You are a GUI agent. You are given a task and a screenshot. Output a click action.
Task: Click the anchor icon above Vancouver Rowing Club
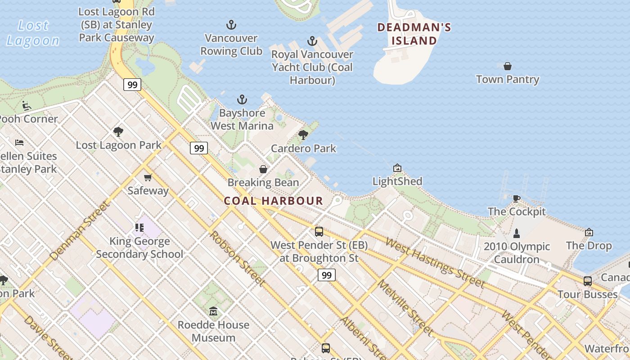[231, 25]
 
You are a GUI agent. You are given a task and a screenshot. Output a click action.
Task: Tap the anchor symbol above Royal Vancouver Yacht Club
[312, 41]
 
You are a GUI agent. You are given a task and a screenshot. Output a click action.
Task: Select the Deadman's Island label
[414, 34]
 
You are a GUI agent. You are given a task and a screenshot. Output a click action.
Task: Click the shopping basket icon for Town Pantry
[508, 66]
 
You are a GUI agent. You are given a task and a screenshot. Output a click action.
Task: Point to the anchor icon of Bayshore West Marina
[242, 99]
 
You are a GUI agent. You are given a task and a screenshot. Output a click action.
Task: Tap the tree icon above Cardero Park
[303, 135]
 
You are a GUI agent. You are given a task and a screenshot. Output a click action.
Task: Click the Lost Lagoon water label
[32, 33]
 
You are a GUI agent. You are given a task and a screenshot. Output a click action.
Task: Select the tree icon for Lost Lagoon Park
[118, 131]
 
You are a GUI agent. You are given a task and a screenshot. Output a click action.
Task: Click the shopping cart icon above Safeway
[148, 177]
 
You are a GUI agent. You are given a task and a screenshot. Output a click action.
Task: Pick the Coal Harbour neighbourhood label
[274, 201]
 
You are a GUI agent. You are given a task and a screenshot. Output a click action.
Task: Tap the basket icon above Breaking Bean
[263, 169]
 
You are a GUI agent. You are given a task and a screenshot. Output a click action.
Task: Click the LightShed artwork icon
[397, 168]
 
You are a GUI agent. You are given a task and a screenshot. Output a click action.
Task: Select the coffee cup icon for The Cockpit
[517, 198]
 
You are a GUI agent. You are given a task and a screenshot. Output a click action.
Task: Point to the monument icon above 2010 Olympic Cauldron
[517, 233]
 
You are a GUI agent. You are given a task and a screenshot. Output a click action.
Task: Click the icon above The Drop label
[589, 232]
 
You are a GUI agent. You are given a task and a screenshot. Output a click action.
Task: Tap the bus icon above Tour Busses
[588, 281]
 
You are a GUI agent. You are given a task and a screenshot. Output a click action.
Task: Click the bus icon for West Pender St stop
[319, 232]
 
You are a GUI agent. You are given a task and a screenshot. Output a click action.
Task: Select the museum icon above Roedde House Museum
[213, 311]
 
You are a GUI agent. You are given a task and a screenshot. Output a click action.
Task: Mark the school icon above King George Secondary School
[139, 228]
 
